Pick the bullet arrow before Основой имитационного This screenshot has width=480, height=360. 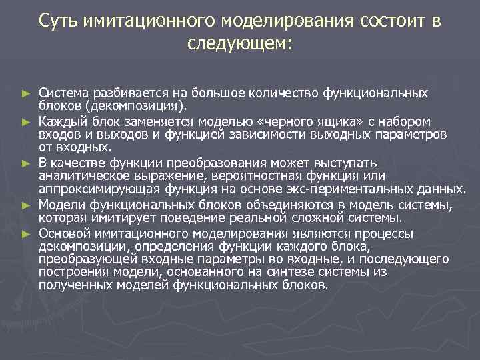pos(26,234)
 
